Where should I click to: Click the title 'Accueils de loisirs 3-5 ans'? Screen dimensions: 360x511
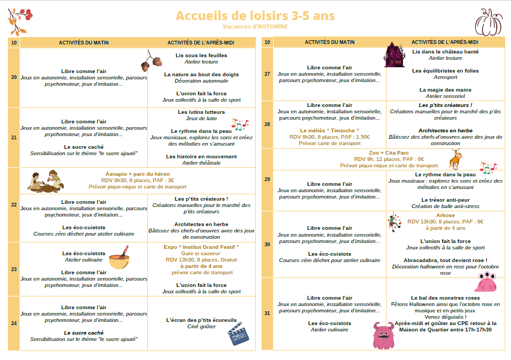(255, 16)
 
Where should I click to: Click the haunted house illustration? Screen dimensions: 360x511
(395, 55)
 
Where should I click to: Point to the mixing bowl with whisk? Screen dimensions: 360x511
(120, 258)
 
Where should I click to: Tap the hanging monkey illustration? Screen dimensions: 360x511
(454, 159)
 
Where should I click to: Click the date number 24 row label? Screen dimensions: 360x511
(14, 323)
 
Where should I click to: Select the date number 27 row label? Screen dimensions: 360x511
(267, 74)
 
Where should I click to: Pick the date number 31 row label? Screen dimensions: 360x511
(267, 313)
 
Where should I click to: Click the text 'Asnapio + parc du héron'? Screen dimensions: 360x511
(138, 174)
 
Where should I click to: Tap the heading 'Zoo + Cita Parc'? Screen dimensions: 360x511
(389, 152)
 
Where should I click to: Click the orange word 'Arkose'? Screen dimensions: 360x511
(445, 215)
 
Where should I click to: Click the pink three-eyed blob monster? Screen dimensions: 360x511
(486, 283)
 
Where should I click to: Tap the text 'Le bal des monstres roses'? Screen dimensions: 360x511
(445, 298)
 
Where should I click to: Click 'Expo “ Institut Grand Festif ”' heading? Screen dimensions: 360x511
(201, 247)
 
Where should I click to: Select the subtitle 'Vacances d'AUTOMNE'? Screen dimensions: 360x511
(255, 26)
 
